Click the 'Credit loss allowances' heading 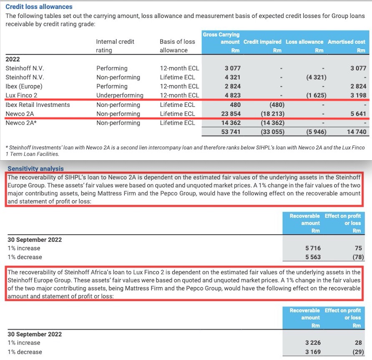(x=39, y=7)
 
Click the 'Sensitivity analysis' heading (x=35, y=169)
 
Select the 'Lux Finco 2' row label (x=21, y=95)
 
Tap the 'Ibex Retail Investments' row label (x=38, y=104)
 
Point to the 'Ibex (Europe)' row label (x=24, y=86)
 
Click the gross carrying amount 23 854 (x=229, y=113)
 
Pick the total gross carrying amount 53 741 (x=229, y=132)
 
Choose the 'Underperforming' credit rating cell (x=120, y=95)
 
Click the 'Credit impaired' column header (x=262, y=42)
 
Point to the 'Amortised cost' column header (x=347, y=42)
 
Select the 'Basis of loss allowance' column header (x=177, y=46)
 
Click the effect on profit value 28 (x=357, y=342)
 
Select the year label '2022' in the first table (x=13, y=59)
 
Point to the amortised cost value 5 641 (x=357, y=113)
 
